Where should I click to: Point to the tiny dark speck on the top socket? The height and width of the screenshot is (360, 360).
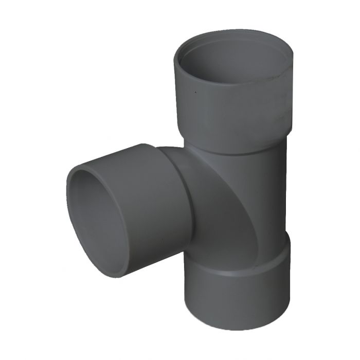195,93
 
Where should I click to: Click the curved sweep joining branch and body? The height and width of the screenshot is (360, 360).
216,206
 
